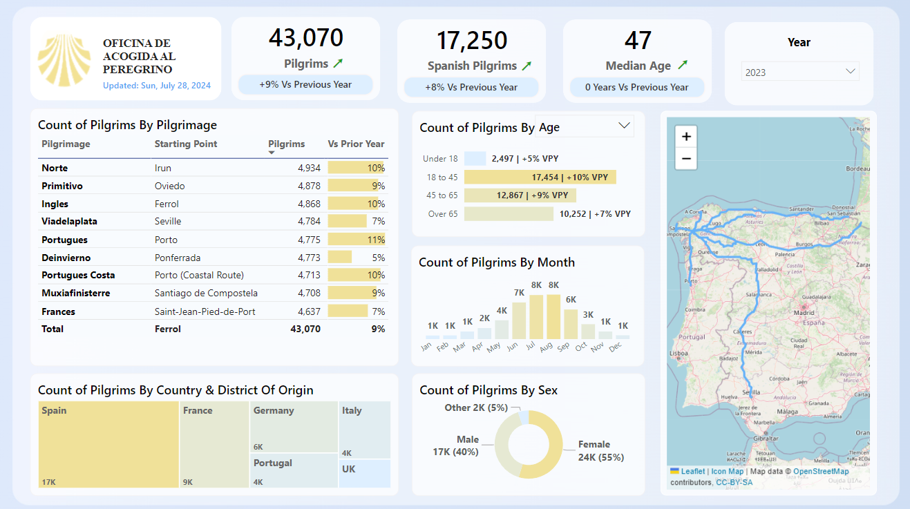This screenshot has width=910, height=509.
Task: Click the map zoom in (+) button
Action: (x=686, y=137)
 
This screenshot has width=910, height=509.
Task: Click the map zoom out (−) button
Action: (x=686, y=158)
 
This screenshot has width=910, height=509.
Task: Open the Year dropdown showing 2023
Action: (x=799, y=72)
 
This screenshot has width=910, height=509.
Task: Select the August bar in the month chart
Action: (x=553, y=316)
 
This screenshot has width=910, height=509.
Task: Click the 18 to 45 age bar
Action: (x=540, y=177)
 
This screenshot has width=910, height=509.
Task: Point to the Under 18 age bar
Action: (x=475, y=159)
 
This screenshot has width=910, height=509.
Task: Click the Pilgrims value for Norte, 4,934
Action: (x=309, y=168)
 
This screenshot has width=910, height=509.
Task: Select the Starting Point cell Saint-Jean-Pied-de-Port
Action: (x=205, y=311)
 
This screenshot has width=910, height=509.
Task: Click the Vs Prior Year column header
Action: (x=356, y=144)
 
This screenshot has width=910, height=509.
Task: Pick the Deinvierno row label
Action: (x=66, y=258)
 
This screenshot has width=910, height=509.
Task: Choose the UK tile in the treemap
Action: (x=365, y=473)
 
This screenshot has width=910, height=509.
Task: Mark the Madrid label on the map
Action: (x=804, y=311)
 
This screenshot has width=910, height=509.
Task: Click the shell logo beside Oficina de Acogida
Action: (x=64, y=60)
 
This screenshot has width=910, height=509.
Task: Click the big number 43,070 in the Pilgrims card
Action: (x=305, y=38)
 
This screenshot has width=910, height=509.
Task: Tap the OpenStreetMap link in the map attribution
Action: (x=821, y=472)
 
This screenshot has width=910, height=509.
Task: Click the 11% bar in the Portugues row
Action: (x=356, y=240)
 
